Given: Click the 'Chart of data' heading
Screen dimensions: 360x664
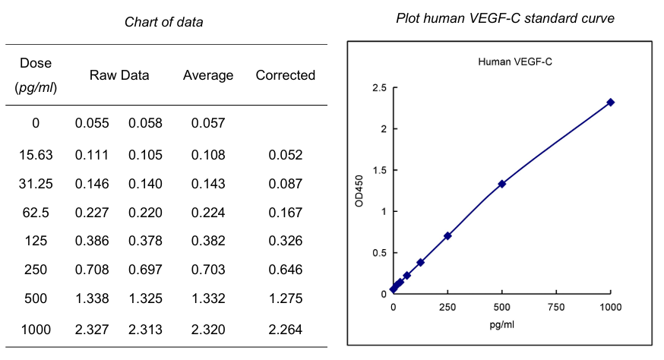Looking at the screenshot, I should tap(163, 22).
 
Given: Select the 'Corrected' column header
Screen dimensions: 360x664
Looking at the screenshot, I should tap(285, 75).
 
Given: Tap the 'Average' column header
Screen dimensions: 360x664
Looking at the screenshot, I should tap(208, 75).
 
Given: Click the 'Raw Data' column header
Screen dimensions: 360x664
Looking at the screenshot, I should tap(119, 75).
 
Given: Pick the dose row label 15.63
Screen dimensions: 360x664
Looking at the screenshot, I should tap(36, 155).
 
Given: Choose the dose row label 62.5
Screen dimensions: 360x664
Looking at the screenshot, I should tap(36, 212).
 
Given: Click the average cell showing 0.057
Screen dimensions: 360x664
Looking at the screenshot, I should tap(208, 123).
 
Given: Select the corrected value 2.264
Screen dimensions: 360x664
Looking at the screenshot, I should tap(285, 329).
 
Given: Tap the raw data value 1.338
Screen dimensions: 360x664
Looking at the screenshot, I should tap(92, 298).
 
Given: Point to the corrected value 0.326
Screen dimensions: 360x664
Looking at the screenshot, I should tap(285, 241).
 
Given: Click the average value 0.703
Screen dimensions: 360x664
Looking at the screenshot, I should tap(208, 270).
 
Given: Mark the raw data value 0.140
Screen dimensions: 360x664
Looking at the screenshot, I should tap(145, 184).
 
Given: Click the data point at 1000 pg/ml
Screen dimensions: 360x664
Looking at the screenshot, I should tap(610, 103).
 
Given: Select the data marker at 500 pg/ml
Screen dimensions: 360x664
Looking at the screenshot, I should tap(501, 184).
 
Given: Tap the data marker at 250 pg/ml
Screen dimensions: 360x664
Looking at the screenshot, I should tap(447, 235).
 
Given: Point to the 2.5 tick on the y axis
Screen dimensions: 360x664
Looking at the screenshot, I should tap(378, 89).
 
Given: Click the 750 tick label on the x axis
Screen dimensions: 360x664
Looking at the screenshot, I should tap(555, 308).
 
